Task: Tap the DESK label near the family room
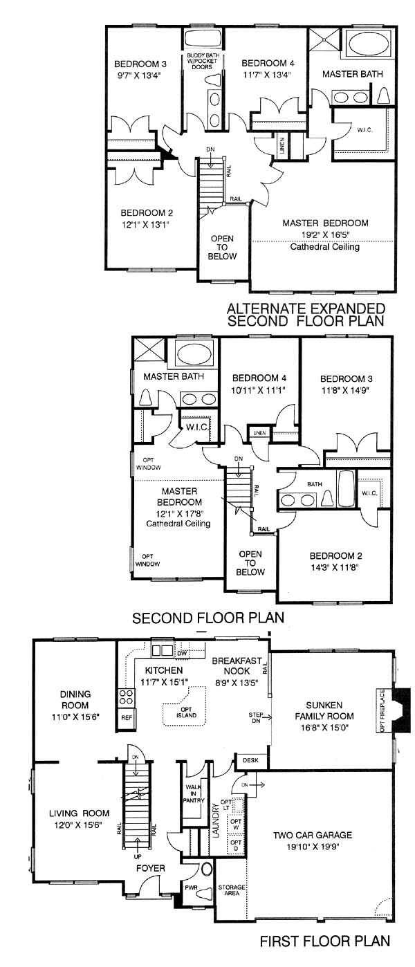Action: (250, 760)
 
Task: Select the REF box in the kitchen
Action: (127, 717)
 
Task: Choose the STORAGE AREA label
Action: (232, 890)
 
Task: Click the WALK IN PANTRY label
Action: (194, 793)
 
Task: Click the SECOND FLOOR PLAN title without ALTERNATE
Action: (208, 618)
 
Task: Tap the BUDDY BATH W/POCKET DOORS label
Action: (203, 62)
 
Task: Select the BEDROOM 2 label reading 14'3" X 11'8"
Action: (336, 561)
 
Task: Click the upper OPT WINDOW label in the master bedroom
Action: (149, 463)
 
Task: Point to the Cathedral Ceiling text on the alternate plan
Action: (325, 246)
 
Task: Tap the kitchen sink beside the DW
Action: (162, 650)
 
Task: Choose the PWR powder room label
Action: (191, 887)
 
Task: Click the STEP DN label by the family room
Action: (256, 717)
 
